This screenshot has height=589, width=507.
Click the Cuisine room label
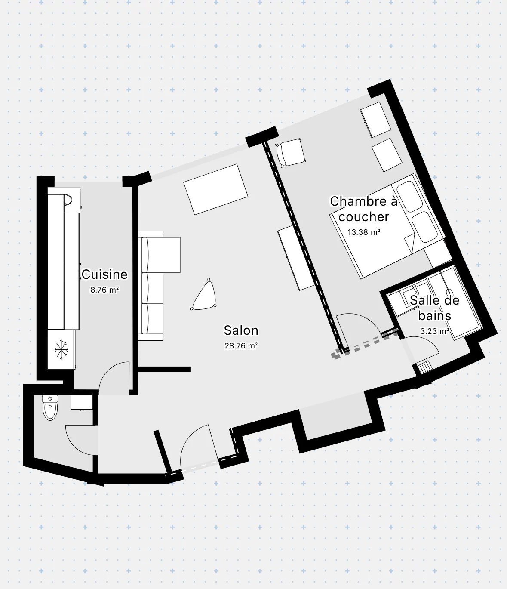(104, 274)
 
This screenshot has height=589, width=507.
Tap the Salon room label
(241, 330)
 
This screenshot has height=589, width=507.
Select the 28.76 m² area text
(241, 346)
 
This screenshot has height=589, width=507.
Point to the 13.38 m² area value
(364, 232)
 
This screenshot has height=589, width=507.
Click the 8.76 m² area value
(104, 290)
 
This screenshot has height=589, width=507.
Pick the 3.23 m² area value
(435, 331)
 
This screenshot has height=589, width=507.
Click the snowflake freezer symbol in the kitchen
(61, 349)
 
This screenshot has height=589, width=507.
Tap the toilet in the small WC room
(50, 407)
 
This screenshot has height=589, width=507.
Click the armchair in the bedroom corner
(290, 152)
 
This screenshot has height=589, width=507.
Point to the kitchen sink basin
(68, 200)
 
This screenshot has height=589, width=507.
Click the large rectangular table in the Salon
(215, 189)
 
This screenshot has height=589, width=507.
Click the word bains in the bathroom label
(435, 316)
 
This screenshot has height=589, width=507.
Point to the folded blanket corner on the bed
(409, 244)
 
